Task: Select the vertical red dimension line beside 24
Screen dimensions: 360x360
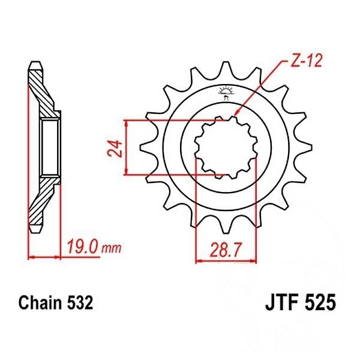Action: click(125, 148)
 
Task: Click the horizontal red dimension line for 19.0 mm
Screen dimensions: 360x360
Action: click(45, 256)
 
